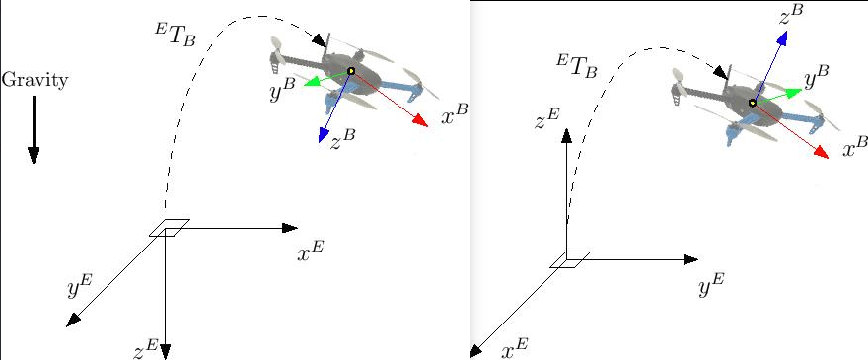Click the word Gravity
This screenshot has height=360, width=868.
point(35,80)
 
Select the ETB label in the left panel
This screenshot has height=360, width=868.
point(175,34)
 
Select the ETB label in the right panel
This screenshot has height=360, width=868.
point(576,65)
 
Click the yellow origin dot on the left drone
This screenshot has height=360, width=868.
point(350,71)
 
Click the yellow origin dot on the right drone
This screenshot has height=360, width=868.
point(752,103)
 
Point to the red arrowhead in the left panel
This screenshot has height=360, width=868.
point(421,121)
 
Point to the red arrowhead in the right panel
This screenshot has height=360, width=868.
point(822,153)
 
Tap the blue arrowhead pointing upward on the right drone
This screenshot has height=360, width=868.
point(782,37)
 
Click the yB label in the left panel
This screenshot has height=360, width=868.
point(282,92)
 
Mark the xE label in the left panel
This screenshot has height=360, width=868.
point(310,252)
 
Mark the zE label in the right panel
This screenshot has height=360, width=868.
point(547,118)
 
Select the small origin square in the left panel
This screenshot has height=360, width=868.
point(170,228)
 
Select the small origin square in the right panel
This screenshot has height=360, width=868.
point(570,259)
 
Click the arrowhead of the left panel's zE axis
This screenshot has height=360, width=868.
point(165,351)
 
